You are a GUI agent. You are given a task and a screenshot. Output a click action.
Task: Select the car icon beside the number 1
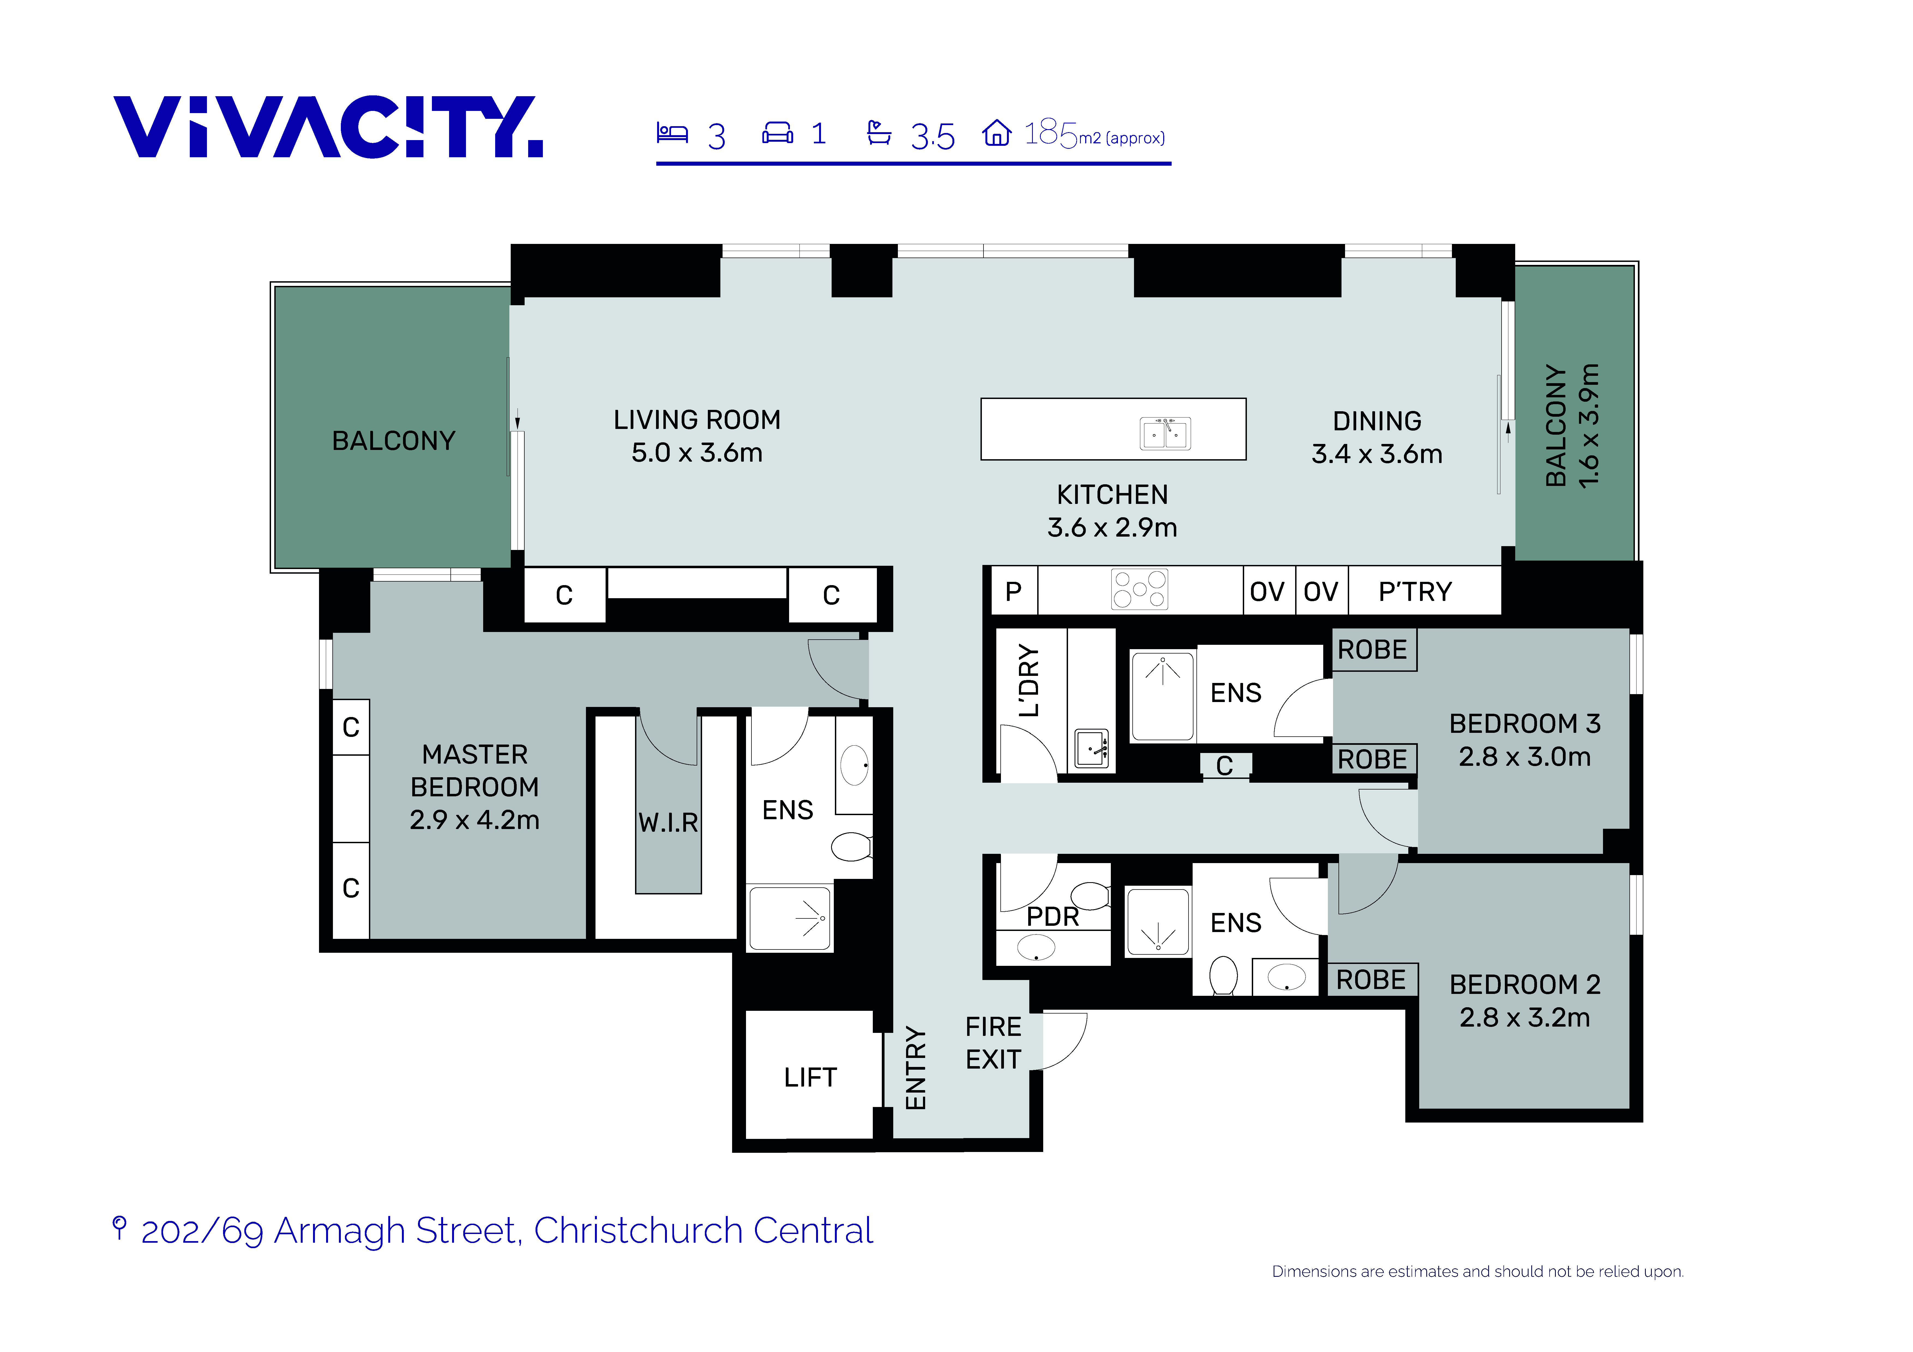(777, 132)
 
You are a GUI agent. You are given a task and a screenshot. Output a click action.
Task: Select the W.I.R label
(668, 823)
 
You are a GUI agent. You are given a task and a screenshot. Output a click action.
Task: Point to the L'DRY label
(1029, 680)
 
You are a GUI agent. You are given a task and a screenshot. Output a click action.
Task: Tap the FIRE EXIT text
(993, 1043)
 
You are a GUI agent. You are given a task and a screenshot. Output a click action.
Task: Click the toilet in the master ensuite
(852, 847)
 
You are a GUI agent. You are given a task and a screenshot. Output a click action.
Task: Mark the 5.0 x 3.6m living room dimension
(697, 452)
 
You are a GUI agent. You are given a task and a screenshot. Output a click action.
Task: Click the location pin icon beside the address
(119, 1228)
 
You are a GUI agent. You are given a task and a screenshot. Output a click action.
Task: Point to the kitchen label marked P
(1013, 591)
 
